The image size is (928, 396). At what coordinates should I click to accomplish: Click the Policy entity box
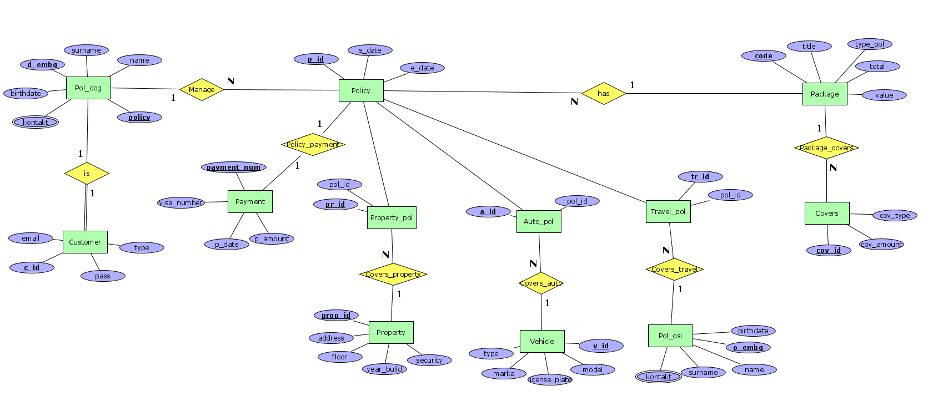[x=361, y=90]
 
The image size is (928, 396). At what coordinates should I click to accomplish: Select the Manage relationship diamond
[x=202, y=89]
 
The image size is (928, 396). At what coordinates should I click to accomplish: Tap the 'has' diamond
[x=604, y=94]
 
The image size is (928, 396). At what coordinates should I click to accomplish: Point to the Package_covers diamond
[x=826, y=148]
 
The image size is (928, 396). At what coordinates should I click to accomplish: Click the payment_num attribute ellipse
[x=234, y=167]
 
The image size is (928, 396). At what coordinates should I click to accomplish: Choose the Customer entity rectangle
[x=85, y=242]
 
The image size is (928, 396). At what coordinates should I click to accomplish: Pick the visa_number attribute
[x=181, y=203]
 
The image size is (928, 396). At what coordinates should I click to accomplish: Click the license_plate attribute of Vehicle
[x=550, y=379]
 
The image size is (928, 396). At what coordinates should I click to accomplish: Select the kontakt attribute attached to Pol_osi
[x=658, y=377]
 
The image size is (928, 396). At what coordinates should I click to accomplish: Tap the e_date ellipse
[x=422, y=68]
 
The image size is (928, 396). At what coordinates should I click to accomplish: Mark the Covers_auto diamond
[x=541, y=283]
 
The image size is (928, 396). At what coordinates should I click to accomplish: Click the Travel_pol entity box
[x=668, y=211]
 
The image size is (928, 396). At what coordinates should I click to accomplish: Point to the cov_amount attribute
[x=881, y=244]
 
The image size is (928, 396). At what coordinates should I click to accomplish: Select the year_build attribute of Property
[x=384, y=369]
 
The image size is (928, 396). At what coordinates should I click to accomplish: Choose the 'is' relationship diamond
[x=87, y=173]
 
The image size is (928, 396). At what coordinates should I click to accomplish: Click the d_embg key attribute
[x=42, y=64]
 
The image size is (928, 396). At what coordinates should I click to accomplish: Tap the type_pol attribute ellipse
[x=870, y=44]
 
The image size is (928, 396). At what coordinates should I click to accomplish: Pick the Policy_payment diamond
[x=313, y=144]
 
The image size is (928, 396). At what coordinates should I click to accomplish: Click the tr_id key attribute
[x=700, y=177]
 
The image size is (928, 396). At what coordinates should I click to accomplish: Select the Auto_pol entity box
[x=539, y=221]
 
